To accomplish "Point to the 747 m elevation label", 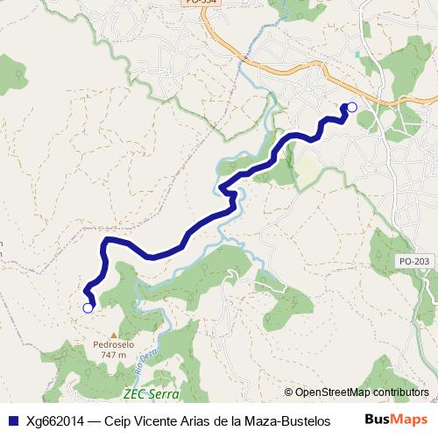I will coord(112,355).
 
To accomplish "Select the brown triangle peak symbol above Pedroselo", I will coord(112,335).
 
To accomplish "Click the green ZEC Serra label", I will coord(151,394).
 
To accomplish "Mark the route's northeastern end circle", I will coord(352,107).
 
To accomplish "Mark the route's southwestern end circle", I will coord(88,307).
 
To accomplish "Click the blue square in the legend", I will coord(12,420).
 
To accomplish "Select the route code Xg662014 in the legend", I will coord(56,420).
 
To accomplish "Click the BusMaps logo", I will coord(396,419).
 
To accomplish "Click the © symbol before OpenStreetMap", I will coord(289,392).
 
